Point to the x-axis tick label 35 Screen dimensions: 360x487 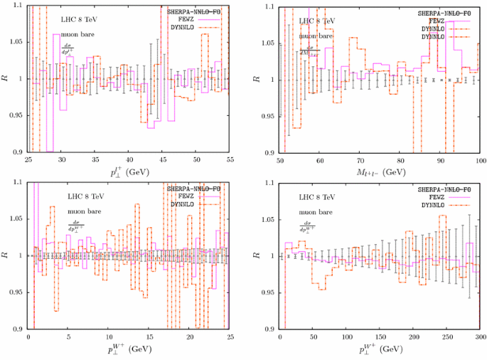pyautogui.click(x=95, y=160)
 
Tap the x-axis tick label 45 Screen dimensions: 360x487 pyautogui.click(x=162, y=160)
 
